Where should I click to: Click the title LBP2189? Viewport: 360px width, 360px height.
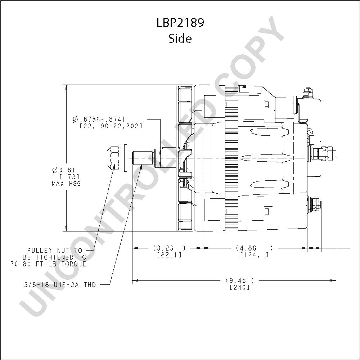(x=180, y=22)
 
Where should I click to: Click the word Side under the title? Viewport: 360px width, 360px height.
(x=180, y=39)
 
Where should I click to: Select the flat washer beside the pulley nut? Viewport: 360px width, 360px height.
(x=125, y=158)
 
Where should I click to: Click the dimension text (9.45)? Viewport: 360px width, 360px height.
(x=239, y=280)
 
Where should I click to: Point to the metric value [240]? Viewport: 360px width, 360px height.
(x=239, y=287)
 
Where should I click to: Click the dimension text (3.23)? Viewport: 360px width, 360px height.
(x=169, y=248)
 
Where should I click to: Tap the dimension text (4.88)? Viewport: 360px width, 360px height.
(x=255, y=248)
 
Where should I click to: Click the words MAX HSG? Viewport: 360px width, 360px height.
(x=66, y=184)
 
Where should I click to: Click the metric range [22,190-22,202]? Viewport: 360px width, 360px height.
(x=111, y=126)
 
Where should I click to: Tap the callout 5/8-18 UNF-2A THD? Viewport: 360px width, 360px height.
(x=60, y=285)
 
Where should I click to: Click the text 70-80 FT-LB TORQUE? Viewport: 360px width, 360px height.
(x=49, y=264)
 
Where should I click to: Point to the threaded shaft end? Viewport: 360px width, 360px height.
(x=143, y=158)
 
